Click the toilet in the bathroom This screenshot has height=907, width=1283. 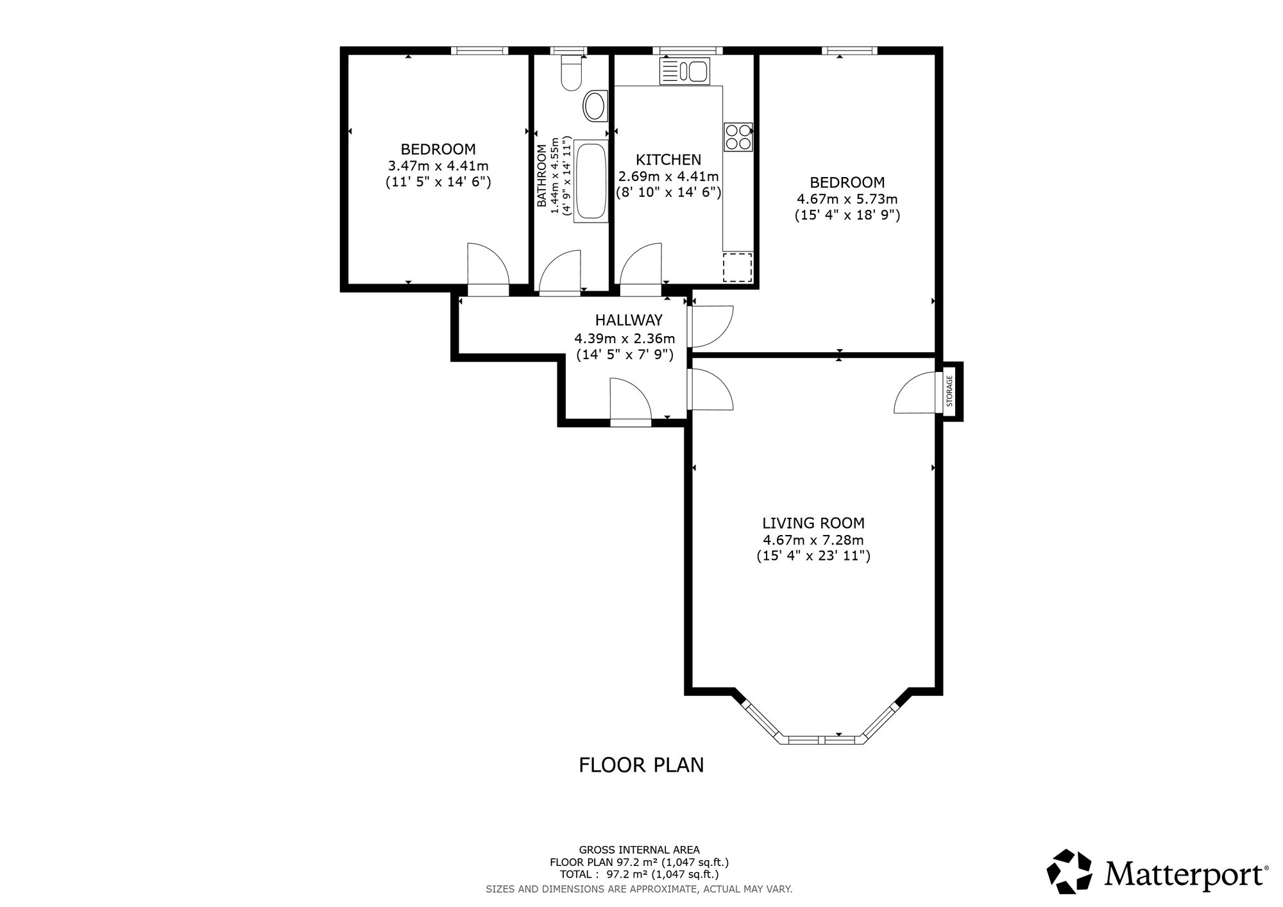(x=570, y=72)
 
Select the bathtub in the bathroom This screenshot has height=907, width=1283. (x=590, y=181)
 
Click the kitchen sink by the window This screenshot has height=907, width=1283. (x=684, y=71)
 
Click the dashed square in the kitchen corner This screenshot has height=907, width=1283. (x=737, y=267)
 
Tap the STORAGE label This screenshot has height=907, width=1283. (x=950, y=391)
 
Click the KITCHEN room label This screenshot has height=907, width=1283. (x=668, y=160)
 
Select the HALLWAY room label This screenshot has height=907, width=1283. (x=629, y=320)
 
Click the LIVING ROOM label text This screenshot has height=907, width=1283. (x=813, y=523)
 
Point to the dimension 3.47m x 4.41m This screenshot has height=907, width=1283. (x=438, y=166)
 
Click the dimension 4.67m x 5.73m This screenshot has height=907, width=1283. (x=847, y=199)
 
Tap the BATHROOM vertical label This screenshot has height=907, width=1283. (x=542, y=176)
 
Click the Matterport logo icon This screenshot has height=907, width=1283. (x=1069, y=871)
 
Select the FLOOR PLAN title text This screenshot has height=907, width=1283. (x=641, y=765)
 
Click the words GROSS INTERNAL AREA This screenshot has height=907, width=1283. (x=640, y=851)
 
